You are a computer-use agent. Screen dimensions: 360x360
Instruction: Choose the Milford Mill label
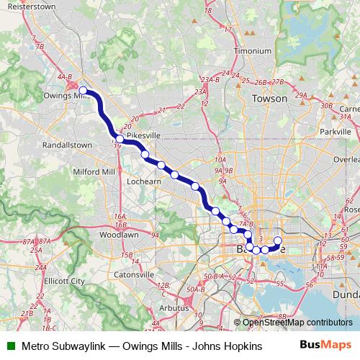coord(94,173)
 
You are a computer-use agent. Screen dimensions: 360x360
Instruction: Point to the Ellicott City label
coord(65,281)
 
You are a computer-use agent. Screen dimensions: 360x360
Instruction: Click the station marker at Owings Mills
coord(83,91)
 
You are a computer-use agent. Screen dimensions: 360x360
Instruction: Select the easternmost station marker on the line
coord(278,240)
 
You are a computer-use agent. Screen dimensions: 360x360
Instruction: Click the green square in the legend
coord(11,346)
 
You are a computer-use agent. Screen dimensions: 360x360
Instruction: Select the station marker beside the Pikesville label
coord(120,138)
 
